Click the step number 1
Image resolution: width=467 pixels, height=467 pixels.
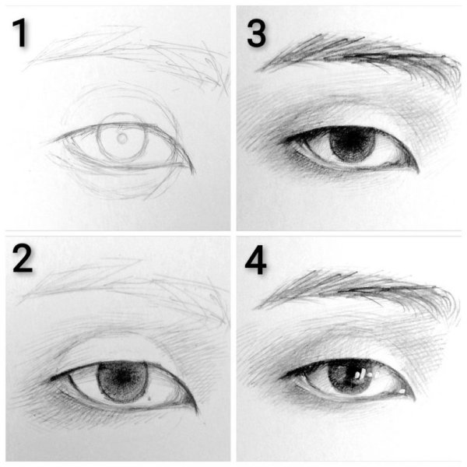pyautogui.click(x=20, y=33)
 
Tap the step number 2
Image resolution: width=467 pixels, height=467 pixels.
pyautogui.click(x=23, y=259)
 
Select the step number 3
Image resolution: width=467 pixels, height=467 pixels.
pyautogui.click(x=256, y=33)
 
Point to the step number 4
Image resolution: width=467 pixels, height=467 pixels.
pyautogui.click(x=255, y=260)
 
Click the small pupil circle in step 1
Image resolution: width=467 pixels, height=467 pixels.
pyautogui.click(x=122, y=139)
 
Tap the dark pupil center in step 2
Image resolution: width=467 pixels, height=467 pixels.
pyautogui.click(x=121, y=378)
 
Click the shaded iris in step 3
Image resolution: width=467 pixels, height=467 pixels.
pyautogui.click(x=352, y=144)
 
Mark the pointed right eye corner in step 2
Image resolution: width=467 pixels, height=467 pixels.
pyautogui.click(x=197, y=412)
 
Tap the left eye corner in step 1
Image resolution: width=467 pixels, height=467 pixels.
pyautogui.click(x=54, y=141)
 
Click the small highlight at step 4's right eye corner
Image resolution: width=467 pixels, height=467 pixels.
pyautogui.click(x=402, y=391)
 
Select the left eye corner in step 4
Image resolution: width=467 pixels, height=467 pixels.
pyautogui.click(x=282, y=378)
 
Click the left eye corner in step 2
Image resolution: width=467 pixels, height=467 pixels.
pyautogui.click(x=52, y=379)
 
